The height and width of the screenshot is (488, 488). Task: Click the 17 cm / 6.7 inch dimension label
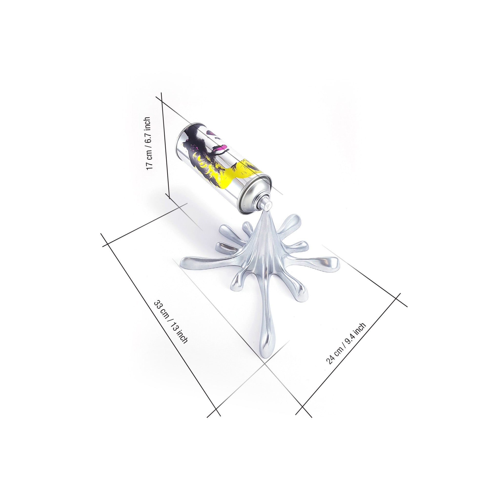pos(149,143)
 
